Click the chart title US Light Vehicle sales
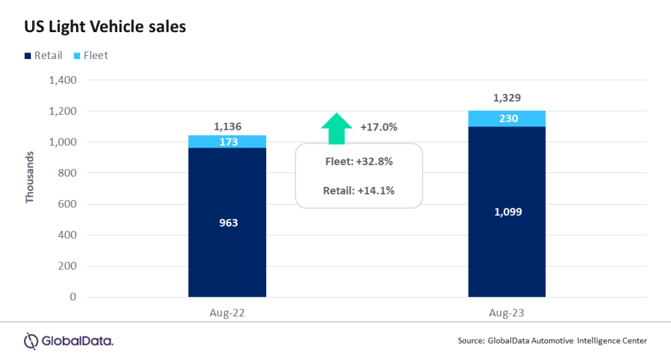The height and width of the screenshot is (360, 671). pos(105,27)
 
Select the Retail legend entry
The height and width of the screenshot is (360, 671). pos(43,56)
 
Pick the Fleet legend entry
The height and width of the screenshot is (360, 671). pos(90,56)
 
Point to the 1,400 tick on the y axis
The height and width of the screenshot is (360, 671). pos(62,80)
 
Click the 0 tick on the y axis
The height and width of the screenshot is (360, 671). pos(73,297)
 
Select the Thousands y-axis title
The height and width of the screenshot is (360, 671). pos(29,176)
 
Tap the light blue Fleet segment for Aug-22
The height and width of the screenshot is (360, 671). pos(227,142)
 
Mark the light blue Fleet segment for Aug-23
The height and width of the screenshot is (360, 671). pos(507,119)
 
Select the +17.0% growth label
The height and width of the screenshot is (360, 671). pos(379,127)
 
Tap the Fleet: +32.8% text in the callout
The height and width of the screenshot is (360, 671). pos(358,161)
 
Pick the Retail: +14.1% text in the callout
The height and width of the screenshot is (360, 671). pos(358,191)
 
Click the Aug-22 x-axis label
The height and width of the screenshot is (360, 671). pos(227,313)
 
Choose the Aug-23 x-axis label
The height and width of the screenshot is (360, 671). pos(507,313)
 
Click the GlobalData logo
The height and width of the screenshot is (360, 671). pos(69,341)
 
